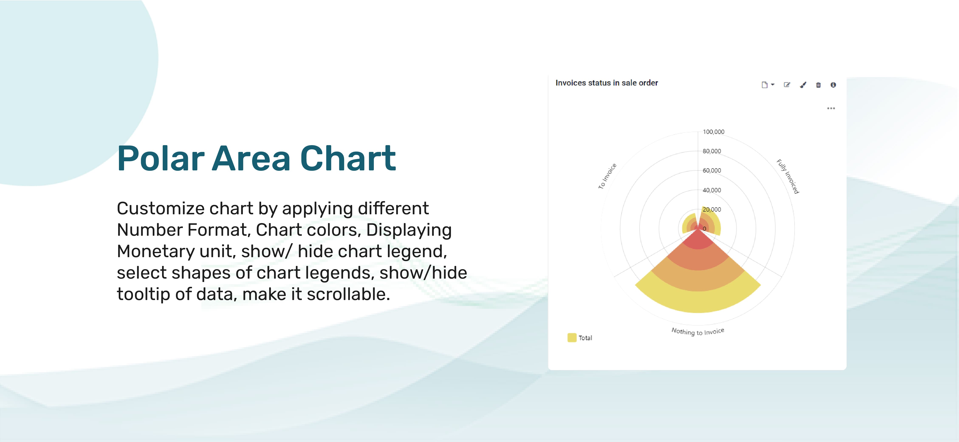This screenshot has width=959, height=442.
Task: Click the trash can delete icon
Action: pos(818,85)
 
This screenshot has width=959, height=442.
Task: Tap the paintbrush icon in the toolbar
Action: pos(803,85)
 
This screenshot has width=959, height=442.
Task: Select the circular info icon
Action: pos(833,85)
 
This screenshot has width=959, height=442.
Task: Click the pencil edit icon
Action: pos(787,85)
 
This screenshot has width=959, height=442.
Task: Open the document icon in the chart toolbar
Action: pos(765,85)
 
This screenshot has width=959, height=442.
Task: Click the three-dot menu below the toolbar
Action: pos(831,108)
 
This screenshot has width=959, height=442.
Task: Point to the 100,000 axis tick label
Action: pos(713,132)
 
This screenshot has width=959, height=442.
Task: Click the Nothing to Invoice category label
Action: pos(698,331)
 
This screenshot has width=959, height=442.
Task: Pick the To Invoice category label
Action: pos(607,176)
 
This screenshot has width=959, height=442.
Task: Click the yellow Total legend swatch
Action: pos(572,337)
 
